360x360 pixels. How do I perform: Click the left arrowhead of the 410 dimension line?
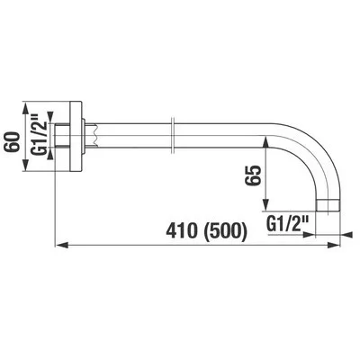point(61,242)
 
